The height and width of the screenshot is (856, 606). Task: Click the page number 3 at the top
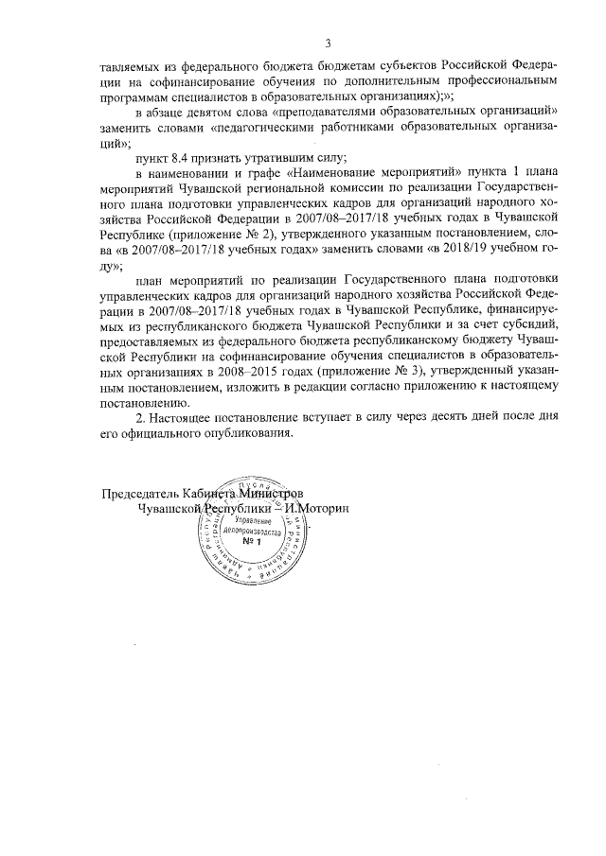328,42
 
